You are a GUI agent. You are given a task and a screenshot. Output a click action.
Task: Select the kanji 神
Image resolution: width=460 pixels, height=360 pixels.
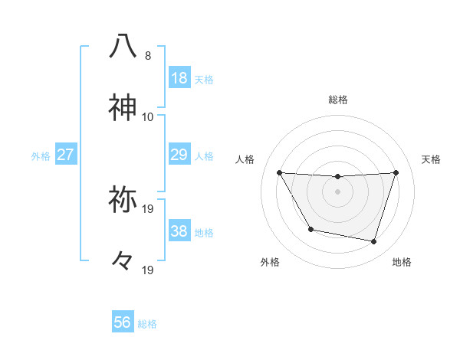(x=123, y=108)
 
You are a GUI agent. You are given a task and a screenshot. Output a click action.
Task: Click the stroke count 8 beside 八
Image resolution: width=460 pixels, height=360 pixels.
(x=148, y=55)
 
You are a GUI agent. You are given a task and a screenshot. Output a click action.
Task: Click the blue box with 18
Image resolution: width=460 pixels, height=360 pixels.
(x=179, y=78)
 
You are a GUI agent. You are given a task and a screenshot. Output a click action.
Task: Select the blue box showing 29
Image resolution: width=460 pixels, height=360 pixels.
(x=179, y=155)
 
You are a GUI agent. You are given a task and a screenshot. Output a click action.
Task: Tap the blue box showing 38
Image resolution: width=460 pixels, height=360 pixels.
(x=179, y=231)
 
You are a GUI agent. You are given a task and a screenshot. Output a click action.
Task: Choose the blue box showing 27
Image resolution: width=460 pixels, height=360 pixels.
(x=66, y=155)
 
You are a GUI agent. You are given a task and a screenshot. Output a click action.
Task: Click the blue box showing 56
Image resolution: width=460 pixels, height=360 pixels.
(x=123, y=322)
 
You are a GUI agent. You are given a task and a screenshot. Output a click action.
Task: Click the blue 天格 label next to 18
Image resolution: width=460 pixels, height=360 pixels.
(x=204, y=79)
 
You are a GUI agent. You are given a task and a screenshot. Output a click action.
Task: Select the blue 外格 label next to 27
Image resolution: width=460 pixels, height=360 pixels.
(x=41, y=155)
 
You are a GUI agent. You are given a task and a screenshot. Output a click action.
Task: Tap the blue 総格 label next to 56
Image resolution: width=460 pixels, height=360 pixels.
(x=147, y=323)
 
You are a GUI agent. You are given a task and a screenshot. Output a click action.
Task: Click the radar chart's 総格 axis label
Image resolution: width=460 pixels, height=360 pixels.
(x=338, y=100)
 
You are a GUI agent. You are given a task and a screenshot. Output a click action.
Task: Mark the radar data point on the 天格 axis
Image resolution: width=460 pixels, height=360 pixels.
(x=396, y=172)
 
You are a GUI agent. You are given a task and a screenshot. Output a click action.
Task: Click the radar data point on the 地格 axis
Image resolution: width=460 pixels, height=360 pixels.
(x=373, y=241)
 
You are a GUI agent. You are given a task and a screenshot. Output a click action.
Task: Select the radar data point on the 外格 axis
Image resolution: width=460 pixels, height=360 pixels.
(x=310, y=229)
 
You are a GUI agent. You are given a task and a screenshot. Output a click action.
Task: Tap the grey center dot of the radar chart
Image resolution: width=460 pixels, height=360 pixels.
(x=338, y=191)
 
